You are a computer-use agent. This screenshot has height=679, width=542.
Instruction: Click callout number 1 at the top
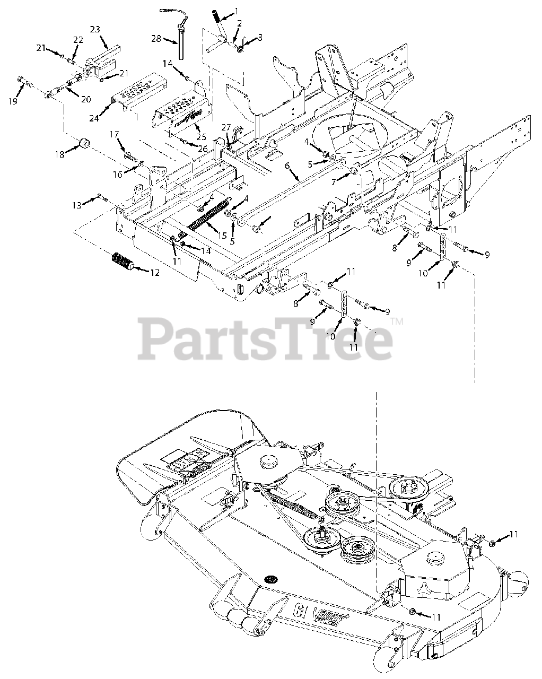tap(236, 11)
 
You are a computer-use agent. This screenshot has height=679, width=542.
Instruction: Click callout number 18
tap(60, 154)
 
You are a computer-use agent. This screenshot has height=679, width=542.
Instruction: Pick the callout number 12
tap(154, 273)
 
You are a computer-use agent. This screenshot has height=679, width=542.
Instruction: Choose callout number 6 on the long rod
tap(287, 166)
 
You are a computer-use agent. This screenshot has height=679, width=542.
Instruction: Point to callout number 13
tap(77, 205)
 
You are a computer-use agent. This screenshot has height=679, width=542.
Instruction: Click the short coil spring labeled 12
tap(123, 262)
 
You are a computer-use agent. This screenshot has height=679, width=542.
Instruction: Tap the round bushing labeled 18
tap(83, 144)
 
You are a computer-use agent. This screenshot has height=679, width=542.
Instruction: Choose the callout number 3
tap(260, 37)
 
